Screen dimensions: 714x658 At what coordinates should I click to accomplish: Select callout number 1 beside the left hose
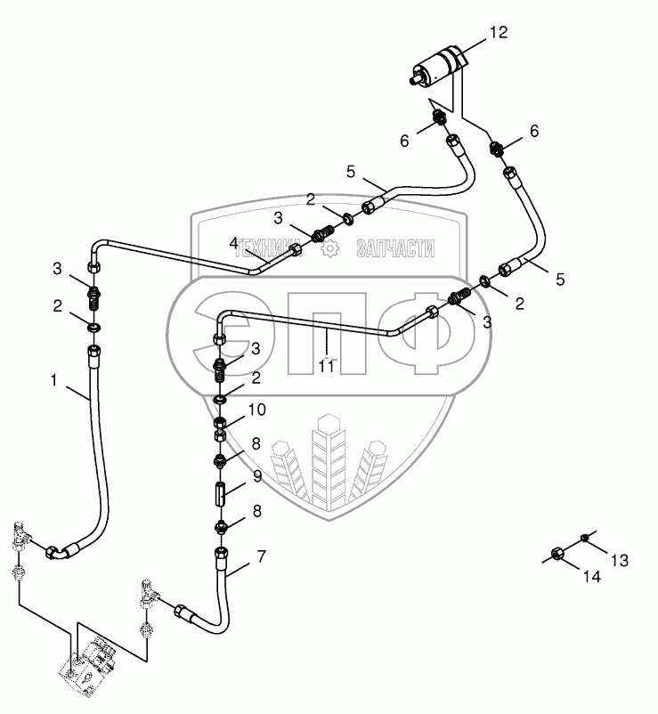coord(55,380)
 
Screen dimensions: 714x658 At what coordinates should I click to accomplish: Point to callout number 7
coord(261,557)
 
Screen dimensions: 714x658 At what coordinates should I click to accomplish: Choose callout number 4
coord(234,242)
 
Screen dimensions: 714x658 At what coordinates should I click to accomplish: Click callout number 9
coord(256,476)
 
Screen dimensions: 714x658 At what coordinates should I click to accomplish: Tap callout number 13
coord(620,560)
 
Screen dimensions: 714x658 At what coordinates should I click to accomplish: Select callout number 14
coord(592,577)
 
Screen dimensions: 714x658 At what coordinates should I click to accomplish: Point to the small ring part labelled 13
coord(583,536)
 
